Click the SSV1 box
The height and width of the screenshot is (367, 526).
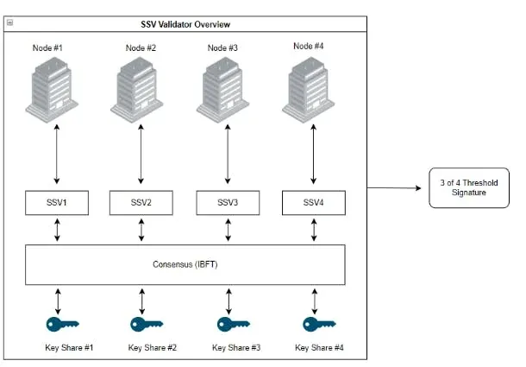click(57, 204)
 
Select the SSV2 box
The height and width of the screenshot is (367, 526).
click(142, 204)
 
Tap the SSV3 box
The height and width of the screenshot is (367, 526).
click(229, 204)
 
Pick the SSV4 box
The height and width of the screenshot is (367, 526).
click(314, 204)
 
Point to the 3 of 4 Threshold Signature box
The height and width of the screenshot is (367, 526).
click(468, 188)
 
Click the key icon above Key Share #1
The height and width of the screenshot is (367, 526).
click(62, 324)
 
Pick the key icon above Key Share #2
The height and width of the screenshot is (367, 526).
click(147, 324)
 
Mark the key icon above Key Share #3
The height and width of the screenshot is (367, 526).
click(233, 324)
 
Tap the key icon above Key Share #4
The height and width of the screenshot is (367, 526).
click(318, 324)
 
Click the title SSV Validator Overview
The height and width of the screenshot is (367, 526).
click(185, 24)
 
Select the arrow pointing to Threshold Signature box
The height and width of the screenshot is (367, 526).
click(397, 187)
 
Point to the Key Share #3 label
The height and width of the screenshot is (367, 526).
click(236, 347)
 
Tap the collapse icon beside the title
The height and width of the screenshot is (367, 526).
click(9, 24)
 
